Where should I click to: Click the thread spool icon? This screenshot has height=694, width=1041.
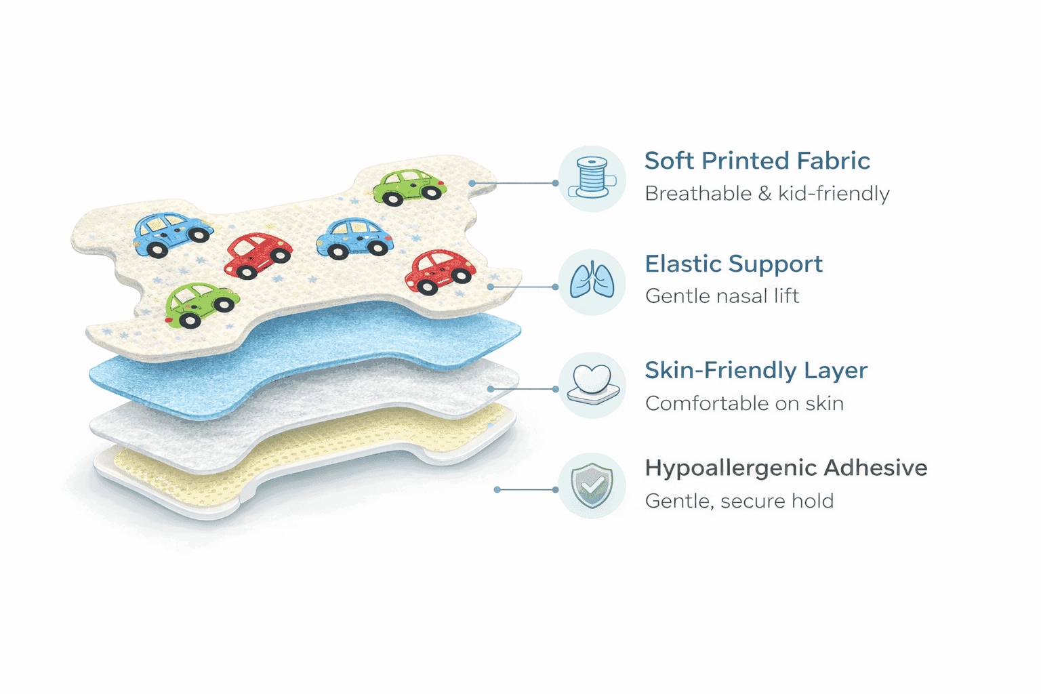click(592, 178)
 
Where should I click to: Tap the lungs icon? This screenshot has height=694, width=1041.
click(592, 281)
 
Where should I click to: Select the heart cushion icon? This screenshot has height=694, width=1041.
click(592, 385)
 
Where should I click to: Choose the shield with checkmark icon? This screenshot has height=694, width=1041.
click(592, 485)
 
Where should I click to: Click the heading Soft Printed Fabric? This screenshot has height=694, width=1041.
click(757, 161)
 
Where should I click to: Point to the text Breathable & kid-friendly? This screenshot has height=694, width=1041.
click(767, 194)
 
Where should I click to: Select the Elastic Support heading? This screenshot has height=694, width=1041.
click(733, 264)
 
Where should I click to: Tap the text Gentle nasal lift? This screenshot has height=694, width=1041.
click(722, 296)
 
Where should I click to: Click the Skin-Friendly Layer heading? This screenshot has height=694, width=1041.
click(756, 371)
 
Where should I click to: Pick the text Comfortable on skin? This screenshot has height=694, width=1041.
click(744, 403)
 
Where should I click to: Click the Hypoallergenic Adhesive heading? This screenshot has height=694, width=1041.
click(785, 468)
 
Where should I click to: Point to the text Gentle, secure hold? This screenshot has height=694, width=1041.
click(739, 501)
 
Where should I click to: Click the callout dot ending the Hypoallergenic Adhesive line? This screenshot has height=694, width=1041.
click(497, 489)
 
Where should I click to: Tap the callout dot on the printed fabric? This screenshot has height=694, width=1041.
click(472, 183)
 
